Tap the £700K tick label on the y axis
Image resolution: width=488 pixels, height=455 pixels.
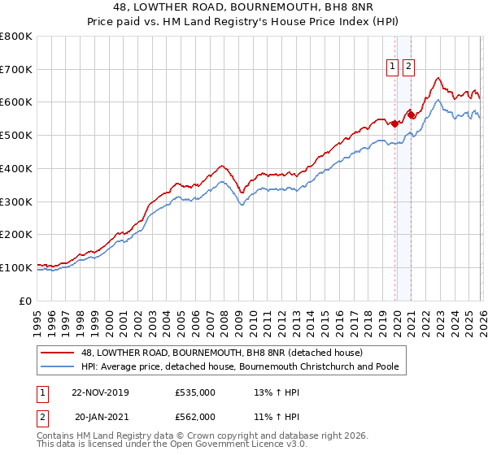pos(16,69)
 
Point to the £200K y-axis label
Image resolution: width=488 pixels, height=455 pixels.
pos(16,234)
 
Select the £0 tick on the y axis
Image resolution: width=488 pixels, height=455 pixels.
pos(25,301)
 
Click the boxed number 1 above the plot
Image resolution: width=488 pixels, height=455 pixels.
pos(392,67)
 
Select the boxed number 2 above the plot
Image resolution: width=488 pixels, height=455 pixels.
pos(407,67)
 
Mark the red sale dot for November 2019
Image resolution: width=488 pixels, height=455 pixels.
pos(395,124)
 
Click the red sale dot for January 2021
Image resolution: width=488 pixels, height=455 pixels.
pos(412,115)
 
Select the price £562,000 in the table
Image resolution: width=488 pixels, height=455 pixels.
pos(195,416)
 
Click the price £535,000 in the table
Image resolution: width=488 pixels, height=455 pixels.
pos(195,392)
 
